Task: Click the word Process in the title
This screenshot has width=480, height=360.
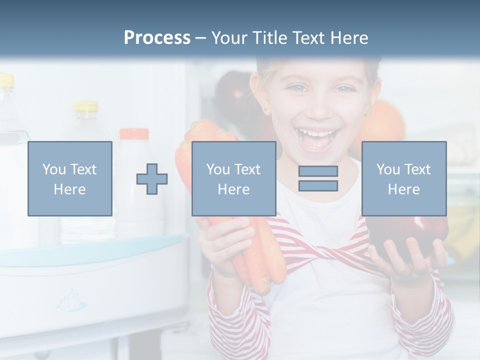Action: pyautogui.click(x=157, y=38)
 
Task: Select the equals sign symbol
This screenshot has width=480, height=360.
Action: pyautogui.click(x=318, y=178)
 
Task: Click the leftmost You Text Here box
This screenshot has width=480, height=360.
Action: pyautogui.click(x=70, y=178)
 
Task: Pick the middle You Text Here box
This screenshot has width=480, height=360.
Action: pyautogui.click(x=233, y=178)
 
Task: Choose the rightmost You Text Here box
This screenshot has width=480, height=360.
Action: pyautogui.click(x=403, y=178)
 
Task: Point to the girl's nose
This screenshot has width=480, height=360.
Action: pyautogui.click(x=317, y=108)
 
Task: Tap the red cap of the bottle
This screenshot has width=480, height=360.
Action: pyautogui.click(x=133, y=133)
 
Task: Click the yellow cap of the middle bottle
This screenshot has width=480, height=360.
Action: pyautogui.click(x=87, y=106)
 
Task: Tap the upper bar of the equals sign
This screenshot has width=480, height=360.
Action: pyautogui.click(x=318, y=171)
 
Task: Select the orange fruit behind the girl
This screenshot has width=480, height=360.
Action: pyautogui.click(x=387, y=122)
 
